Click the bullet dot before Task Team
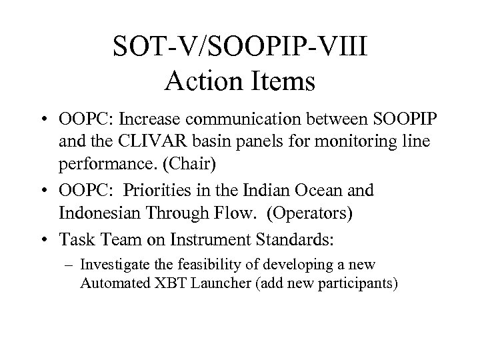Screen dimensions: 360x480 click(68, 236)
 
